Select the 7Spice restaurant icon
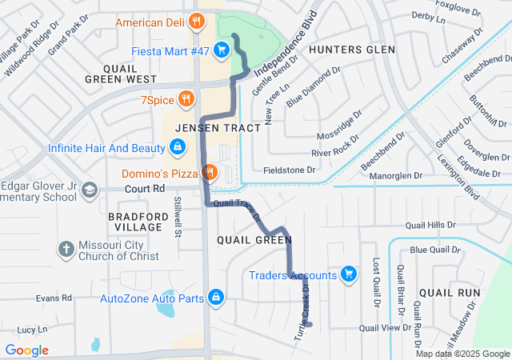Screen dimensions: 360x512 coord(186,98)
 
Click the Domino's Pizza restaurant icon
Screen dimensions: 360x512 coord(210,172)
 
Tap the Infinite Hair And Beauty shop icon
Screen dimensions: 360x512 coord(178,148)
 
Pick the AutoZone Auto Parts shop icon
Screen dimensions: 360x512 coord(215,298)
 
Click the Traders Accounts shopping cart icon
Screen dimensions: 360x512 coord(348,275)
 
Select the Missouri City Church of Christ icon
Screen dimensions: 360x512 coord(66,250)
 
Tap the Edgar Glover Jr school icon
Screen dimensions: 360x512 coord(90,190)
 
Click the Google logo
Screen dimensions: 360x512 coord(27,350)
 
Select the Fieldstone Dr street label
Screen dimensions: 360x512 coord(290,170)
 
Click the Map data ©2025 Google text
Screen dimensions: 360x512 coord(462,354)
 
